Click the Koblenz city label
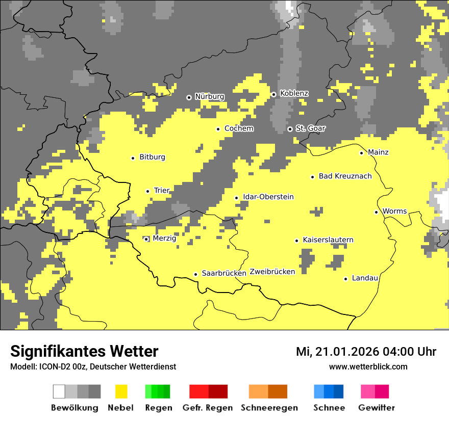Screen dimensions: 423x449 point(294,94)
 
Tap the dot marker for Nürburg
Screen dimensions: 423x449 point(189,97)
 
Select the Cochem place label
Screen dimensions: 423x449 point(239,128)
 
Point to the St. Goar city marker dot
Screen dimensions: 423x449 point(290,129)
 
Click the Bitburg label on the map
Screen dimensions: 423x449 point(152,157)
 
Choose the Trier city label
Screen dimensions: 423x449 point(161,191)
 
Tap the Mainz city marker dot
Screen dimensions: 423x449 point(361,153)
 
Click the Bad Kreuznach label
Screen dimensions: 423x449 point(345,176)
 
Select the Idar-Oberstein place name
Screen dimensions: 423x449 point(268,197)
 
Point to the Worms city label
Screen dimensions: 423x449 point(394,211)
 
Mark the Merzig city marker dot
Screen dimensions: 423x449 point(146,239)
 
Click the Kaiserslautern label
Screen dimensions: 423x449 point(328,240)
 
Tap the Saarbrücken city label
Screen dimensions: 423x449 point(224,274)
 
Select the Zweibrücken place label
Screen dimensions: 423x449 point(272,272)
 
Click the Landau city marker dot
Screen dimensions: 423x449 point(345,279)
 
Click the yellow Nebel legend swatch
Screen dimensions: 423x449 point(121,391)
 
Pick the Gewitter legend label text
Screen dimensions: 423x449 point(377,408)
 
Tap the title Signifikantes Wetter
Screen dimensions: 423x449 point(84,352)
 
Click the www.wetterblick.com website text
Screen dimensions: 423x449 point(368,367)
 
